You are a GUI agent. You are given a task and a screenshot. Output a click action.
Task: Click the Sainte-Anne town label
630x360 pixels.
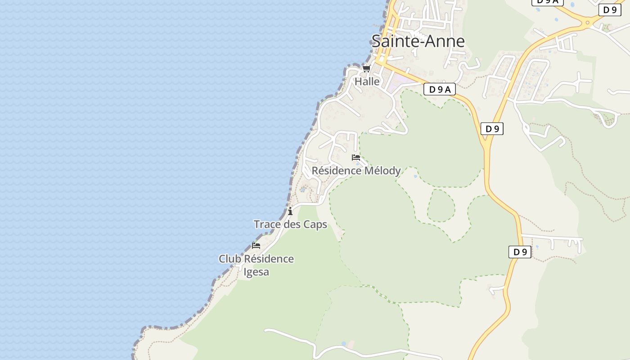(418, 41)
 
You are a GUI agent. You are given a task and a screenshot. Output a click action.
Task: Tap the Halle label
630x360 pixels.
(367, 81)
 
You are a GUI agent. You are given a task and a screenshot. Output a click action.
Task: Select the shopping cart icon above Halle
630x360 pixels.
(366, 69)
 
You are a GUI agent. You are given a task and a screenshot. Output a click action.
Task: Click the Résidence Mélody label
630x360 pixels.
(356, 171)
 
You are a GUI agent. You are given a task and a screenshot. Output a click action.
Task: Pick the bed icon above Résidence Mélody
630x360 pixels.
(356, 157)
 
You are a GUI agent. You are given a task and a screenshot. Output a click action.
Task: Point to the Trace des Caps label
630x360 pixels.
(290, 224)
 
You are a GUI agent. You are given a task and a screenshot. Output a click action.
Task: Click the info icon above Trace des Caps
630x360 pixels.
(290, 211)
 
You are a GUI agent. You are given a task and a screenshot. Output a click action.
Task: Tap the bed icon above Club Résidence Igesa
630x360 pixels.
(256, 245)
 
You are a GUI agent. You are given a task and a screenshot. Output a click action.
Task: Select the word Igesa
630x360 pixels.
(256, 272)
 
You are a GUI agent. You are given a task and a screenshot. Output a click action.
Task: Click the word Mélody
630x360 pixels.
(382, 171)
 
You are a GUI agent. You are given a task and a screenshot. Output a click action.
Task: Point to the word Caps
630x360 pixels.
(315, 224)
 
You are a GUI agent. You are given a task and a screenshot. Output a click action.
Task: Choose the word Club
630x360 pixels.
(229, 259)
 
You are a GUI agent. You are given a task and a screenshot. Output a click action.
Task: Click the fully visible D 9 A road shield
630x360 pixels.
(439, 89)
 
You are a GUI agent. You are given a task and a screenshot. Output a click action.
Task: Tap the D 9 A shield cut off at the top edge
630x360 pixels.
(547, 2)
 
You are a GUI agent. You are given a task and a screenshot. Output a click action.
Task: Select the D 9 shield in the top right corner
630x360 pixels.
(610, 10)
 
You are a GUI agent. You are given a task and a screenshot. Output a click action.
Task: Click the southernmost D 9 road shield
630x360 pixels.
(520, 252)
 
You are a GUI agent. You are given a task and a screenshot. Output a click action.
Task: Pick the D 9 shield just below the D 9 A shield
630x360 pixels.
(492, 129)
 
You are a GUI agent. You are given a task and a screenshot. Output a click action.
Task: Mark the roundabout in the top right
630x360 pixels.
(587, 22)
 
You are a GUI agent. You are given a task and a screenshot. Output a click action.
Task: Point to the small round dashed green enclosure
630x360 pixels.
(441, 206)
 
